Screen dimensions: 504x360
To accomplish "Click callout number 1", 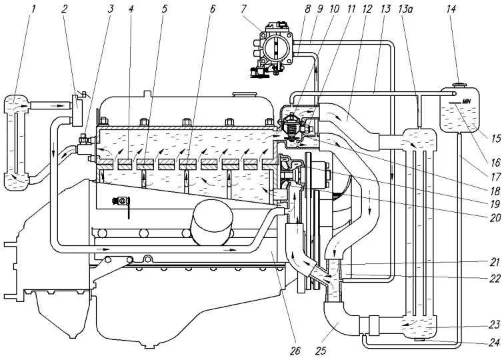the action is click(33, 9).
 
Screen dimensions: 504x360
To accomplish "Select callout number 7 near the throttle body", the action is click(243, 9).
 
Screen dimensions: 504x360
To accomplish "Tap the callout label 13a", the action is click(405, 9).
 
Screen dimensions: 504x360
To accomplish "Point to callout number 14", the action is click(451, 9).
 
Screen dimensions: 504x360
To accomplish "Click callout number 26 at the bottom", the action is click(295, 351).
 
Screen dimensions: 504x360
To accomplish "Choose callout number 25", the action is click(321, 351).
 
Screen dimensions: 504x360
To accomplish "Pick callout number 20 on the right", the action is click(495, 218).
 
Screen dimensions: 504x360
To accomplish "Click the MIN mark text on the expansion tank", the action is click(466, 101).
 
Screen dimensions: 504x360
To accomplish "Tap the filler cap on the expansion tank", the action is click(459, 85).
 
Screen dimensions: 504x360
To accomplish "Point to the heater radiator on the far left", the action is click(17, 143).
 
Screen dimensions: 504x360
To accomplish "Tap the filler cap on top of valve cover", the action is click(245, 94).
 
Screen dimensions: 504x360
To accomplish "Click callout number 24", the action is click(495, 343).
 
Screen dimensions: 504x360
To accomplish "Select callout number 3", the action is click(111, 9).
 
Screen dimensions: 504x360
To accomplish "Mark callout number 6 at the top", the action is click(212, 9).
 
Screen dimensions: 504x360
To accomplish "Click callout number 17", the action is click(495, 177).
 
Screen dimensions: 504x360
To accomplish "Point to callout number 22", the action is click(495, 279).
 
